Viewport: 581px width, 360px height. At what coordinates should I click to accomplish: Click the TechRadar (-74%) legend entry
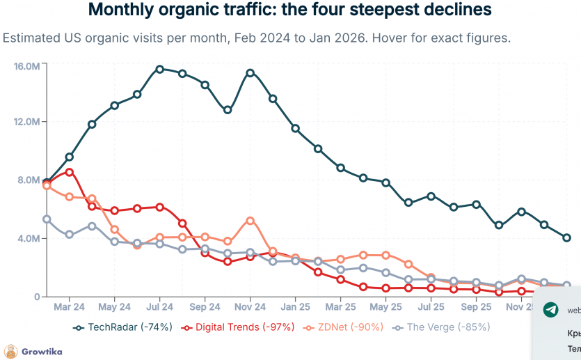(123, 327)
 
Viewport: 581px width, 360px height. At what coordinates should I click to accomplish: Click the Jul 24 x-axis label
(160, 306)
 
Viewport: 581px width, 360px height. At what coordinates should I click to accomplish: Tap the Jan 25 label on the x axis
(296, 306)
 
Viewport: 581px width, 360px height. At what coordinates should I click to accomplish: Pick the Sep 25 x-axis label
(477, 306)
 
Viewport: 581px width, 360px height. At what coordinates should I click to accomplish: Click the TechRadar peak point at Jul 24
(160, 69)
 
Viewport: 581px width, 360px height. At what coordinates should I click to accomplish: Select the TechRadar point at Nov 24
(250, 72)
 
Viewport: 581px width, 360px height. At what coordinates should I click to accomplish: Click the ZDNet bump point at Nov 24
(250, 221)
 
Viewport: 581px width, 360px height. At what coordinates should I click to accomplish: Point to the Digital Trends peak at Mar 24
(70, 172)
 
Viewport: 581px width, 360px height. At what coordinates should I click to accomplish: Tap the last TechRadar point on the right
(566, 237)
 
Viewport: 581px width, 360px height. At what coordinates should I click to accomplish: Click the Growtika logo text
(41, 352)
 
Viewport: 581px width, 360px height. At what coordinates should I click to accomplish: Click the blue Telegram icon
(550, 311)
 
